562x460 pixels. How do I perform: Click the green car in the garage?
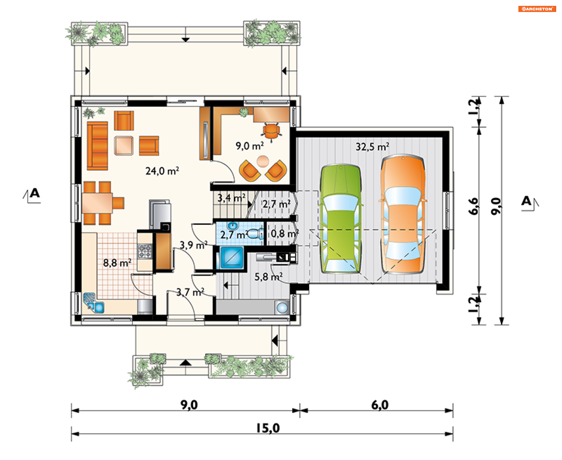(341, 219)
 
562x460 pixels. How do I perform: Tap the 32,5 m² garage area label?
(372, 147)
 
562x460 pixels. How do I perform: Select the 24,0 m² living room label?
(162, 171)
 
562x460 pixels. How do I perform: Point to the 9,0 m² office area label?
(250, 146)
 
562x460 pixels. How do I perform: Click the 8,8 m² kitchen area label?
(117, 263)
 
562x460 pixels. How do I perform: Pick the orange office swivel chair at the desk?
(271, 132)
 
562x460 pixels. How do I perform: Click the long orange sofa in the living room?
(97, 146)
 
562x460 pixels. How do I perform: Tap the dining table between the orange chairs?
(97, 203)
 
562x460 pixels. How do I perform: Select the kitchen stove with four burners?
(145, 251)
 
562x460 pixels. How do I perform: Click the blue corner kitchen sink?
(93, 303)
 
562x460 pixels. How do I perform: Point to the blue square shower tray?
(232, 258)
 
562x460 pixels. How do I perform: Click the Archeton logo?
(537, 9)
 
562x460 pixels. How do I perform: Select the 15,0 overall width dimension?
(268, 428)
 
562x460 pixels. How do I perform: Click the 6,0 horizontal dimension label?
(380, 405)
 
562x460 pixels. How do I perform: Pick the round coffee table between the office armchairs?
(263, 161)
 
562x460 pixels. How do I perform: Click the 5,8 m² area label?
(268, 277)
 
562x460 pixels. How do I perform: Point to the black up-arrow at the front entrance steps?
(186, 363)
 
